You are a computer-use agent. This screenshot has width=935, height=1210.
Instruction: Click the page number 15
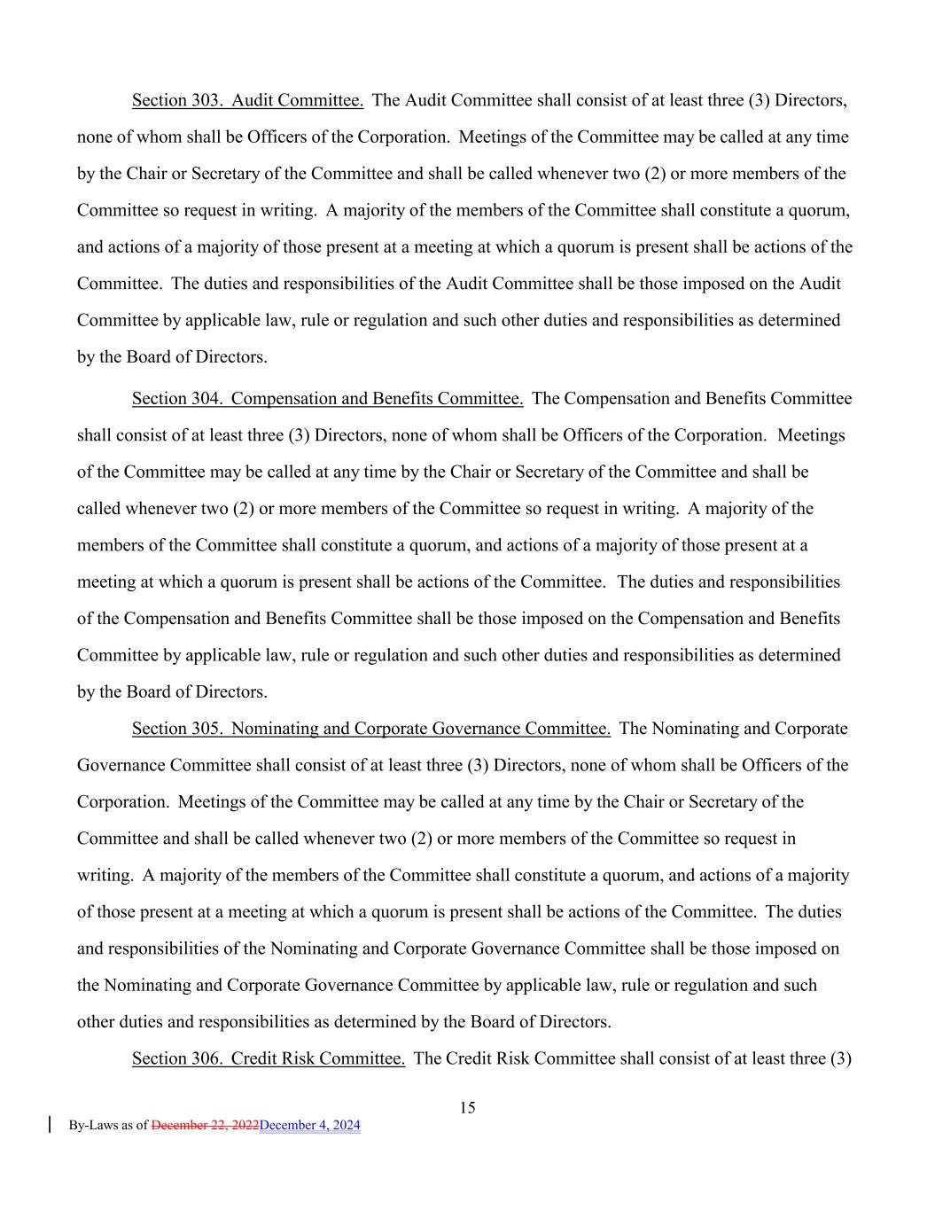coord(468,1107)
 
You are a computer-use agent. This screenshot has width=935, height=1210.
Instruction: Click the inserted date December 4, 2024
coord(310,1126)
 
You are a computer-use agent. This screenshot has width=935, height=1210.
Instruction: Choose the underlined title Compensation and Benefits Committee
coord(377,399)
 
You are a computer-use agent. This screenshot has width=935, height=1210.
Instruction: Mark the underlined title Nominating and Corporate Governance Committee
coord(420,729)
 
